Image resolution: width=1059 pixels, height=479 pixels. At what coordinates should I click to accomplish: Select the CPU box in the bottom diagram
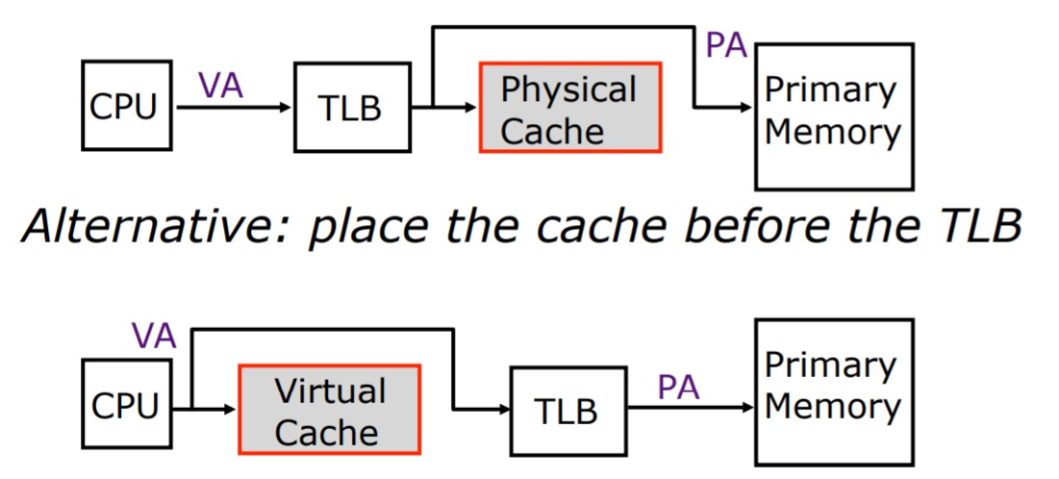pos(124,406)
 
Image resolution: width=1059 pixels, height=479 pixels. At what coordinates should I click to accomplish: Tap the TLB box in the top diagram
pos(349,108)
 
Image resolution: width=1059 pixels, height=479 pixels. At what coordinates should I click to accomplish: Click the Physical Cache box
pos(569,108)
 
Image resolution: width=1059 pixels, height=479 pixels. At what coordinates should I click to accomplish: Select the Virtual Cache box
pos(329,409)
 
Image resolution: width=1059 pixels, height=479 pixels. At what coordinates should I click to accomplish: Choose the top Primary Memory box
pos(832,115)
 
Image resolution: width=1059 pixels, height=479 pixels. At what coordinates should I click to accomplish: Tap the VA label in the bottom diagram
pos(154,335)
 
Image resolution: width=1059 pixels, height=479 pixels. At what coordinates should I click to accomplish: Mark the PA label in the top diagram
pos(727,45)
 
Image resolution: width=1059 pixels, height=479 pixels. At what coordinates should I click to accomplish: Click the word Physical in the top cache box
pos(569,89)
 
